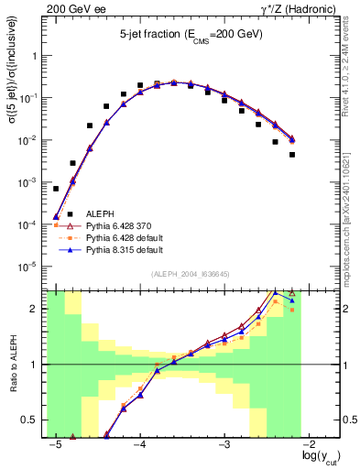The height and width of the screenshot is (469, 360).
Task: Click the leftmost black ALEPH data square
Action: (x=56, y=189)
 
